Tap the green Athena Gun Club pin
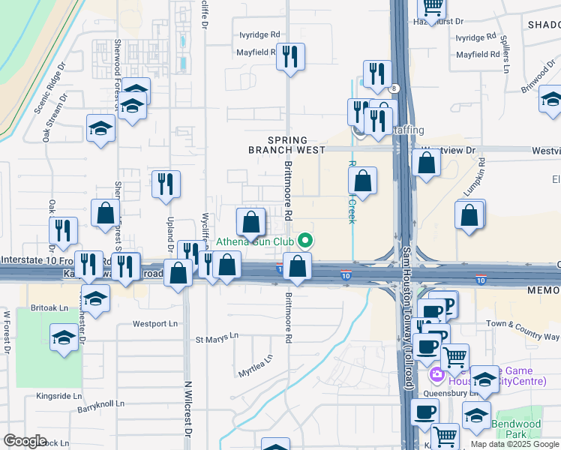click(304, 241)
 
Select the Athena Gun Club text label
click(254, 241)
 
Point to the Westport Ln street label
click(156, 324)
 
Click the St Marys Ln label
click(217, 338)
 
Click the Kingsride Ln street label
click(58, 395)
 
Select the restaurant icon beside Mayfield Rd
click(290, 57)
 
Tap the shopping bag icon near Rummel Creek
click(362, 181)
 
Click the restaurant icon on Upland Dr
click(166, 184)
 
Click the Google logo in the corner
click(25, 441)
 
